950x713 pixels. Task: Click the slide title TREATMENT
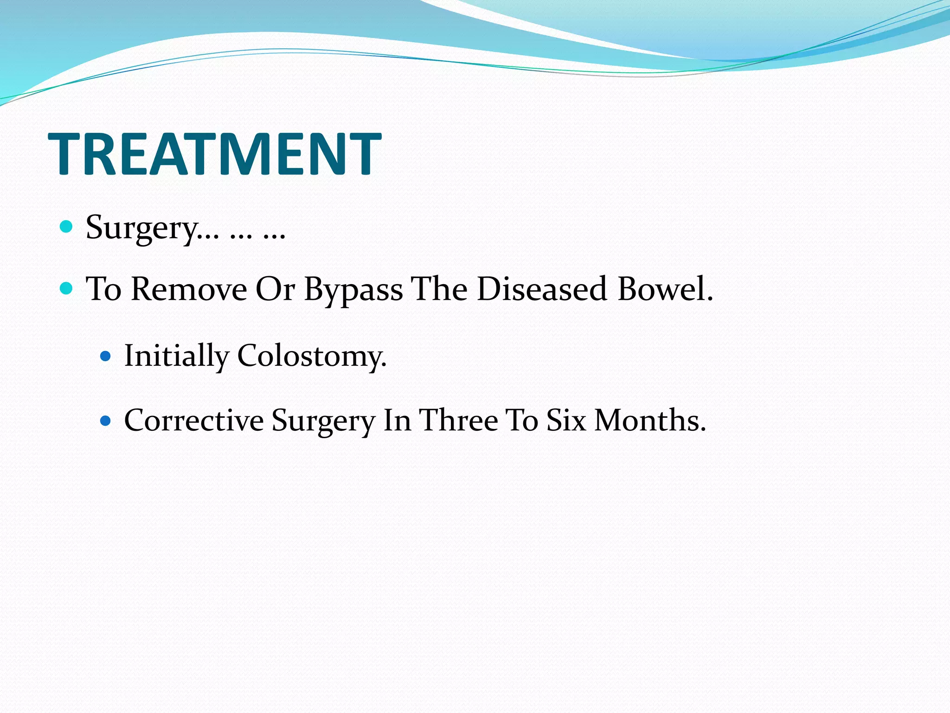click(x=214, y=154)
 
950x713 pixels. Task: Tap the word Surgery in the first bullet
click(x=141, y=228)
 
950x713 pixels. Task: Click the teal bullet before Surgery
click(x=67, y=227)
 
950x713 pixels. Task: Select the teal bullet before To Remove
click(x=67, y=289)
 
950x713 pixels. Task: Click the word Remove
click(x=189, y=290)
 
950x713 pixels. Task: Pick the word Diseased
click(x=542, y=290)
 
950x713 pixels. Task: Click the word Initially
click(x=176, y=356)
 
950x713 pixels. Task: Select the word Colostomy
click(x=311, y=356)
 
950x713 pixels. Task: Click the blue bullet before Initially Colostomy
click(x=106, y=356)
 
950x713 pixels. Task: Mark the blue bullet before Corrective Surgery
click(x=106, y=421)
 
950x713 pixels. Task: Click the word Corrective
click(x=194, y=421)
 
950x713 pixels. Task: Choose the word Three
click(x=458, y=421)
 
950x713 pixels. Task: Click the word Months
click(x=649, y=421)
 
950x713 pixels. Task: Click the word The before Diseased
click(x=440, y=290)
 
